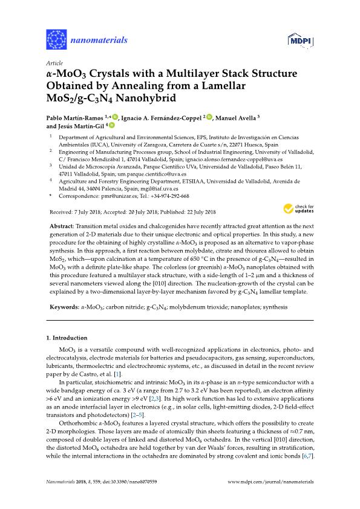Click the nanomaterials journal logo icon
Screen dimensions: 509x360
(x=56, y=40)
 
